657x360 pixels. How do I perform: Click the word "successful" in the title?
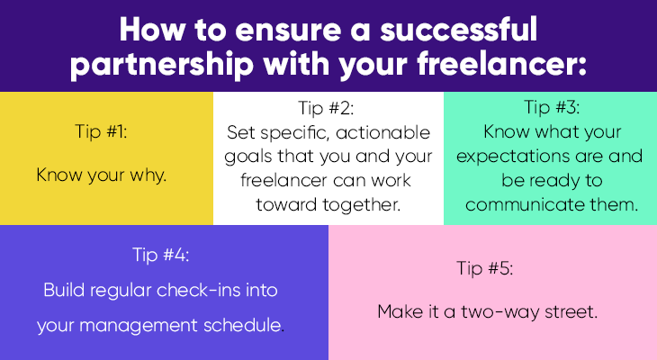point(458,30)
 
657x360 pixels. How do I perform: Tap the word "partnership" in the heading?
point(162,65)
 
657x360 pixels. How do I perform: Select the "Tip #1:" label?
point(101,131)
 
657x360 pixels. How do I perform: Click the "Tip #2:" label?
point(326,108)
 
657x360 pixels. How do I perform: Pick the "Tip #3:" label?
point(552,107)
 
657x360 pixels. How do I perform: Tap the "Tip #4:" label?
point(161,255)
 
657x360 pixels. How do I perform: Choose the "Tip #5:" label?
point(485,268)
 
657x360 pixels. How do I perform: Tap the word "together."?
point(361,205)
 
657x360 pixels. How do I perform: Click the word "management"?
point(139,326)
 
